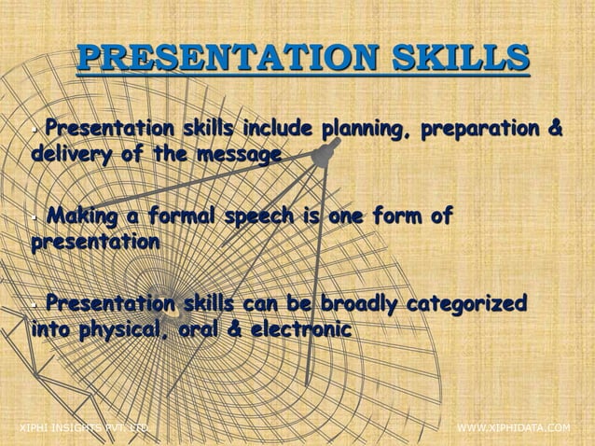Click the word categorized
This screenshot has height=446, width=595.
(x=470, y=304)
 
